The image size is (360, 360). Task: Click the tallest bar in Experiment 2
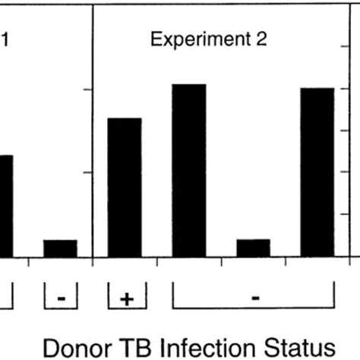pos(190,170)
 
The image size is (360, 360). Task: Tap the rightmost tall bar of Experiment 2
pos(317,172)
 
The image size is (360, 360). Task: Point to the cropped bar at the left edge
pos(5,205)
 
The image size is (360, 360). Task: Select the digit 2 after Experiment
pos(261,39)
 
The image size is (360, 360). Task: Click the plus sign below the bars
pos(126,298)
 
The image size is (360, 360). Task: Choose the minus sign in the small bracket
pos(61,298)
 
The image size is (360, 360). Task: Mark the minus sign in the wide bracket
pos(255,298)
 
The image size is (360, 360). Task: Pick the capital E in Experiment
pos(156,39)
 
